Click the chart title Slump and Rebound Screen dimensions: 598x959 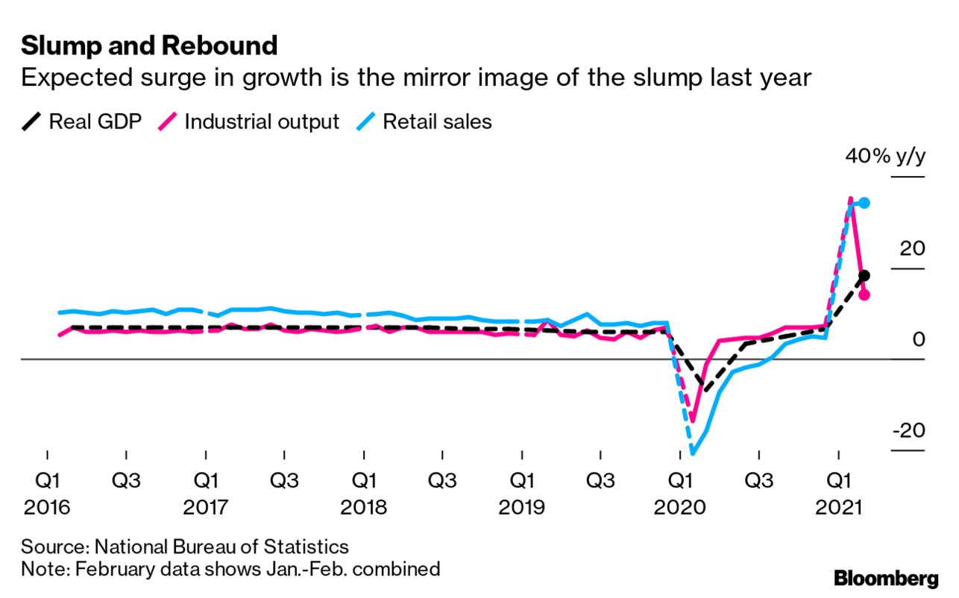149,45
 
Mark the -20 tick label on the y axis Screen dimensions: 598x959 907,431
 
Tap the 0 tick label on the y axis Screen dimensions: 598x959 918,340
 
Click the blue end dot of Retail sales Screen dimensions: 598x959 864,203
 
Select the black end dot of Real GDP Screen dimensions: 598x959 864,276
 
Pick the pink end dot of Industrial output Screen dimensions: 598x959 864,295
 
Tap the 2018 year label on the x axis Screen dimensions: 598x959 363,508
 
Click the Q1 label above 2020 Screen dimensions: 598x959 679,478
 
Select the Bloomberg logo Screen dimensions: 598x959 886,578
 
